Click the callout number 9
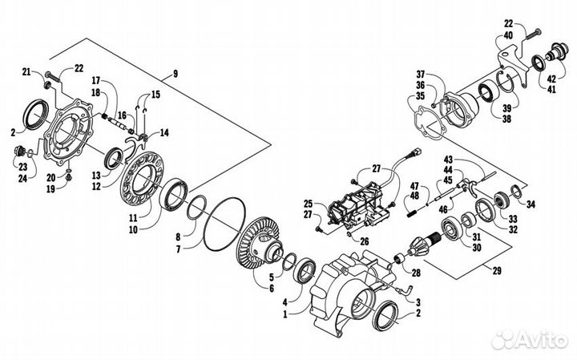coord(176,74)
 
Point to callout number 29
coord(497,271)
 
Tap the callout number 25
coord(308,204)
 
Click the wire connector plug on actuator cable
coord(416,151)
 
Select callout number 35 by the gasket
coord(420,96)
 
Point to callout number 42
coord(551,79)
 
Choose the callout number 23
coord(22,167)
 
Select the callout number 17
coord(96,80)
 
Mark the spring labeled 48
coord(412,212)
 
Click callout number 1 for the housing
coord(285,314)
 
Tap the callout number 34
coord(531,204)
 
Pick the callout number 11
coord(133,217)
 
